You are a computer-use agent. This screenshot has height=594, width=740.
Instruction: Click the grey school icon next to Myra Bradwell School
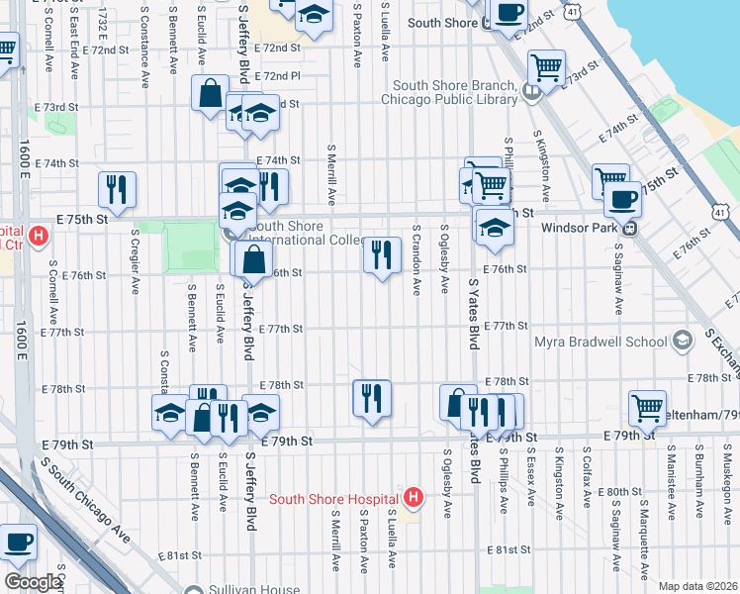click(x=681, y=342)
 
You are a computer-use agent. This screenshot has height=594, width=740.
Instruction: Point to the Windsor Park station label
click(x=582, y=227)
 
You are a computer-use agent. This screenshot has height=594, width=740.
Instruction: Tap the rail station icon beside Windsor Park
click(x=629, y=227)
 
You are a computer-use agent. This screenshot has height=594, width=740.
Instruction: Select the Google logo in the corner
click(x=33, y=582)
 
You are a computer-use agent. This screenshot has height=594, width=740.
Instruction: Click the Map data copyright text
click(x=697, y=586)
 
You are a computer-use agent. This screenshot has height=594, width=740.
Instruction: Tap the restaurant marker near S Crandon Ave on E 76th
click(x=382, y=255)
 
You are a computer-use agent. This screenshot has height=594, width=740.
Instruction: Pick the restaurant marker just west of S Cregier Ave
click(x=117, y=189)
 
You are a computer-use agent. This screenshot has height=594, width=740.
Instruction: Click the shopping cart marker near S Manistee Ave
click(x=647, y=407)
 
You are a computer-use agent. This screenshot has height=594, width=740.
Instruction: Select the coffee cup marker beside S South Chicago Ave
click(x=19, y=544)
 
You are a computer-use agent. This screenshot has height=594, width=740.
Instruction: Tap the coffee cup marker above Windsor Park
click(x=622, y=200)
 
